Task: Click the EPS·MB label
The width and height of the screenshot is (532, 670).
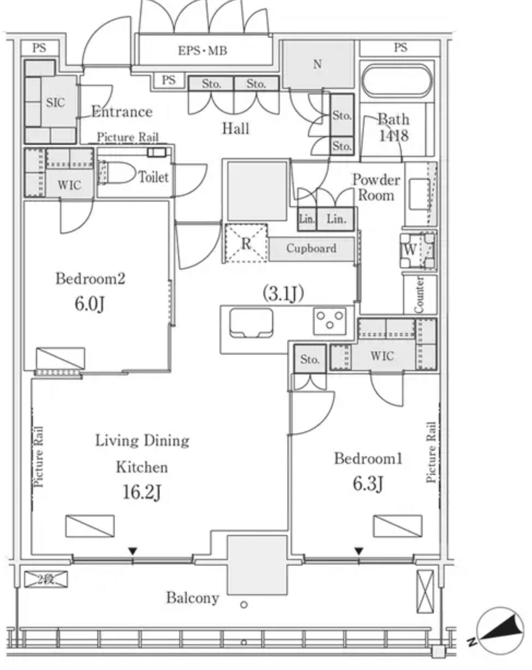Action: click(202, 51)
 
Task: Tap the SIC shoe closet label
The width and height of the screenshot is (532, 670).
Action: click(55, 103)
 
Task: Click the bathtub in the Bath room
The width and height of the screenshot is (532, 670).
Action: click(397, 81)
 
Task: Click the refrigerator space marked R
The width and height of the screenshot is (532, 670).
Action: click(246, 243)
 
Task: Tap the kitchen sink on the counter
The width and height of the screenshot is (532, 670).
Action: click(251, 323)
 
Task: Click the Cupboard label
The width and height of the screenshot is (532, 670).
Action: click(311, 249)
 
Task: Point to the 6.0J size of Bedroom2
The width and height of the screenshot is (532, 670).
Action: click(89, 303)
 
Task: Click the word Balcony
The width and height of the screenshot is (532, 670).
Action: click(192, 598)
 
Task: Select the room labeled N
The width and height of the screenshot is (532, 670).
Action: click(317, 64)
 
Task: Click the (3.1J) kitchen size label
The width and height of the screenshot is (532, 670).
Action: click(283, 294)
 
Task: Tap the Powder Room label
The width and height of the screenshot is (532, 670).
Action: click(376, 187)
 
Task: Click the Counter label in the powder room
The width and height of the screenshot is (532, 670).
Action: click(419, 295)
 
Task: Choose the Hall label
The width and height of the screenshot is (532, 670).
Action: click(235, 129)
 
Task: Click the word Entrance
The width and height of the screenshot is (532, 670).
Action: click(121, 112)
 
